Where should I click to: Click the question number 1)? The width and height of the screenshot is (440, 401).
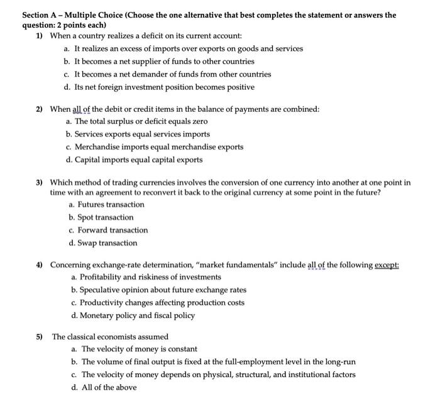point(39,36)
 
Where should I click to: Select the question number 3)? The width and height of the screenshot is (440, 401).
point(39,182)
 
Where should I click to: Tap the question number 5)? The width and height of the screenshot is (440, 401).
point(39,337)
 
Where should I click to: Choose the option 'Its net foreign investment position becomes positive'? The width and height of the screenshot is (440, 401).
point(163,87)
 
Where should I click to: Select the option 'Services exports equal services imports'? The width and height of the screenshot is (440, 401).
point(142,134)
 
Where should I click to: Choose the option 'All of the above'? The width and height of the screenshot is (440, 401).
point(109,387)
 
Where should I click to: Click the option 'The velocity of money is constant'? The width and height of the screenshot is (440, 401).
point(139,349)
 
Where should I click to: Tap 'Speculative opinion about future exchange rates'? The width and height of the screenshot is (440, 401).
point(163,290)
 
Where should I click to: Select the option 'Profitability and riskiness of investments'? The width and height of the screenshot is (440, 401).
point(150,277)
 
